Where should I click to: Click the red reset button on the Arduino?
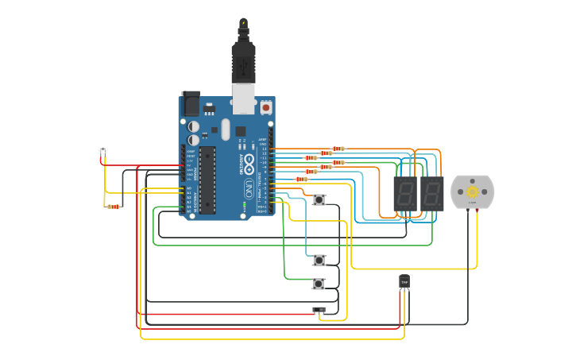click(265, 106)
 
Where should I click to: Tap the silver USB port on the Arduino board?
click(244, 99)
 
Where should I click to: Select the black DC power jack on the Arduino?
click(191, 103)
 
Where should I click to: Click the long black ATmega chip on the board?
click(207, 180)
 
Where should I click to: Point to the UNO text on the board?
click(249, 189)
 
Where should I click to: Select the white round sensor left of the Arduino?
click(102, 149)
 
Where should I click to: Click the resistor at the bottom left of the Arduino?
click(114, 207)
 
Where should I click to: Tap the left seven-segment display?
click(405, 193)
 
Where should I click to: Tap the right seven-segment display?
click(432, 193)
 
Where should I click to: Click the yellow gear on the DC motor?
click(472, 192)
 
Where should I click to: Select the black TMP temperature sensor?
click(404, 282)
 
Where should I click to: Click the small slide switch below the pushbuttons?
click(319, 310)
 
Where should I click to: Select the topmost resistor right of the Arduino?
click(338, 149)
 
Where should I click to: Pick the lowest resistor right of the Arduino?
click(301, 179)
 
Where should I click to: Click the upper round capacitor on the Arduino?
click(194, 126)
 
